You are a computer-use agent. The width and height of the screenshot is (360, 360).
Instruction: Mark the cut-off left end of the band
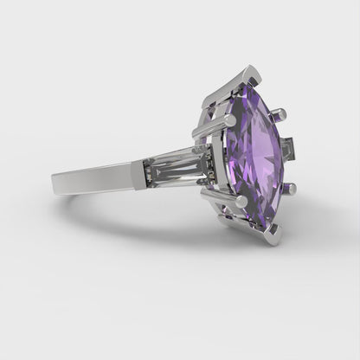54,183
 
